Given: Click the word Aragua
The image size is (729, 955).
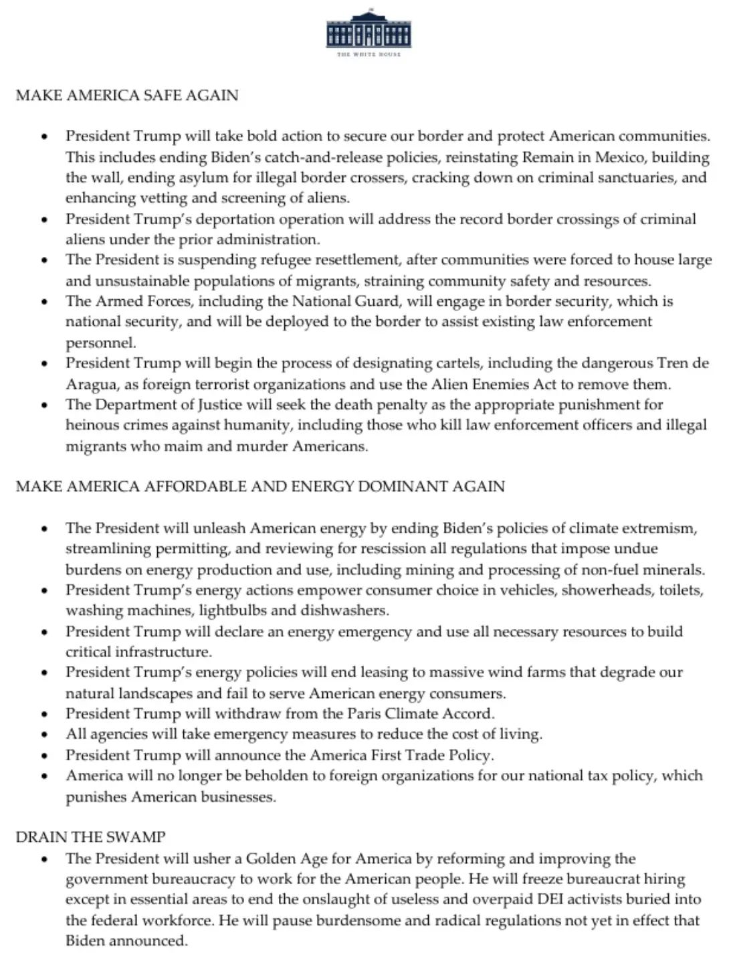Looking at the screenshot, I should click(x=90, y=384).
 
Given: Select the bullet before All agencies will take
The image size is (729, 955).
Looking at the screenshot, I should click(x=45, y=735).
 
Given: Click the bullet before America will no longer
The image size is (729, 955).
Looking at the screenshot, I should click(x=45, y=776).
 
